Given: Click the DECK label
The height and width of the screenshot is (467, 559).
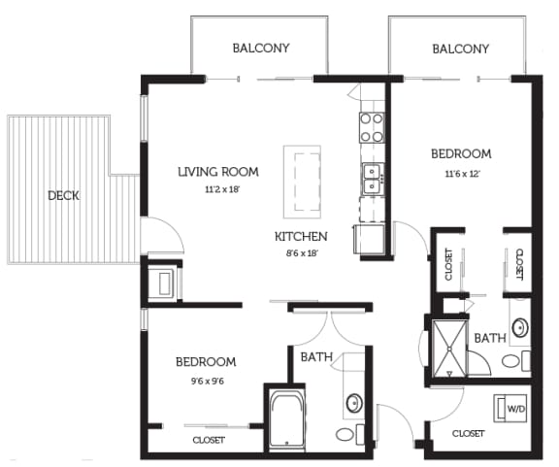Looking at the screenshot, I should (63, 195).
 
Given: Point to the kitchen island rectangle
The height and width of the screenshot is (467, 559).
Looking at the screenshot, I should (302, 182).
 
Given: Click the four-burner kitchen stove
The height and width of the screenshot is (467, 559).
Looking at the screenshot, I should (371, 126).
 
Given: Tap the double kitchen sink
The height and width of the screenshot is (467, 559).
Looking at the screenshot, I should (371, 179).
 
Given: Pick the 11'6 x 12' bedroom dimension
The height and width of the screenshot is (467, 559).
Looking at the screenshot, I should (462, 173).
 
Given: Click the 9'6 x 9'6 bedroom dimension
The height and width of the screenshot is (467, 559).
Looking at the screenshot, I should (205, 381).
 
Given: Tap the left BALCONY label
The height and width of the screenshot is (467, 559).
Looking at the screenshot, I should (261, 48).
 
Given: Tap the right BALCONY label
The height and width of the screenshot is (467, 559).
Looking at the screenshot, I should (460, 48).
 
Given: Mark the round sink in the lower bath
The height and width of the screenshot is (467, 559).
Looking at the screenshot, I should (354, 401).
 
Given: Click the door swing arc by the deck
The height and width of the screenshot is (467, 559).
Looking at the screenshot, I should (161, 234).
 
